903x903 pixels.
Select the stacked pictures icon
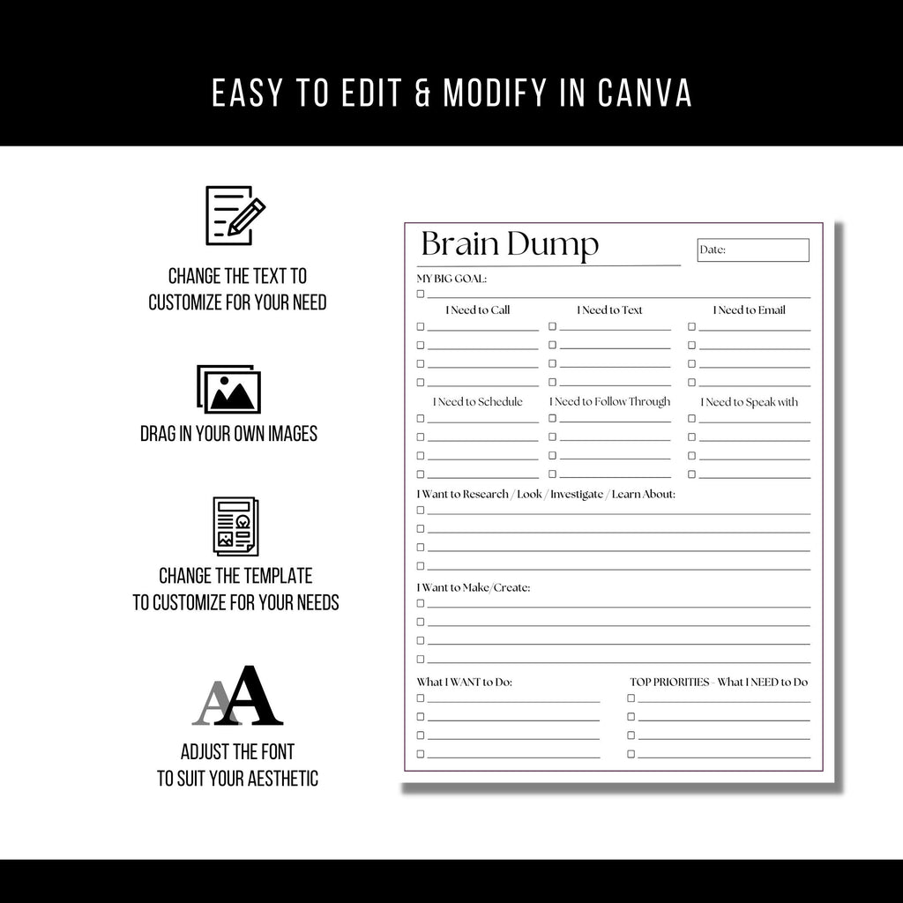[228, 390]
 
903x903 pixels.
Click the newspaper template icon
[235, 526]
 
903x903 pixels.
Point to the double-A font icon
[237, 697]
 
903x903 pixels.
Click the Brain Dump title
[510, 245]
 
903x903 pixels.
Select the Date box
[752, 250]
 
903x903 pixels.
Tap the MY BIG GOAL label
[451, 279]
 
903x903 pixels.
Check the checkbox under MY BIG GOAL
[421, 294]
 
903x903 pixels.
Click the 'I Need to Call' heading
[477, 310]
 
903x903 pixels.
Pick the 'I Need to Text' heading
[609, 310]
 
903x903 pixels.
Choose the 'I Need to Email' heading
[749, 310]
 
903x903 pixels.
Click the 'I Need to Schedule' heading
[477, 402]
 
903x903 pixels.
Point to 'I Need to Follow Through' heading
[609, 402]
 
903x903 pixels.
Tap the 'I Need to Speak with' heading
[749, 402]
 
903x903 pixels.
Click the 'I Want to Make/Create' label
[474, 587]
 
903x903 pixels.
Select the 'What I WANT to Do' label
[464, 682]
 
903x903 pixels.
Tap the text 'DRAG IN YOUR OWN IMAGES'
[228, 434]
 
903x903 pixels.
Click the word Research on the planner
[485, 495]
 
